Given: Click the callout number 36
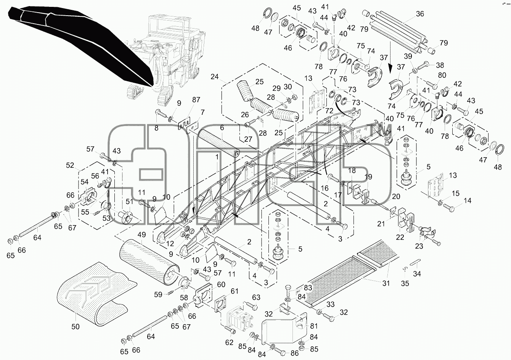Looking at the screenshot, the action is pos(420,14).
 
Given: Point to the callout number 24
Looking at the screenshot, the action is pos(215,77).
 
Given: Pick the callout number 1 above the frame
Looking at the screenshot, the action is pos(217,157).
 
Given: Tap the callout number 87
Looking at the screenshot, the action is pos(196,100).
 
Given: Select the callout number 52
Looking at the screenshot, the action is pos(70,166).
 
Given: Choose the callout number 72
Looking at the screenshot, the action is pos(329,111).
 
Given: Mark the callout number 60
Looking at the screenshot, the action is pos(221,284).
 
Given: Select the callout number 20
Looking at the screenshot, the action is pos(396,196).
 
